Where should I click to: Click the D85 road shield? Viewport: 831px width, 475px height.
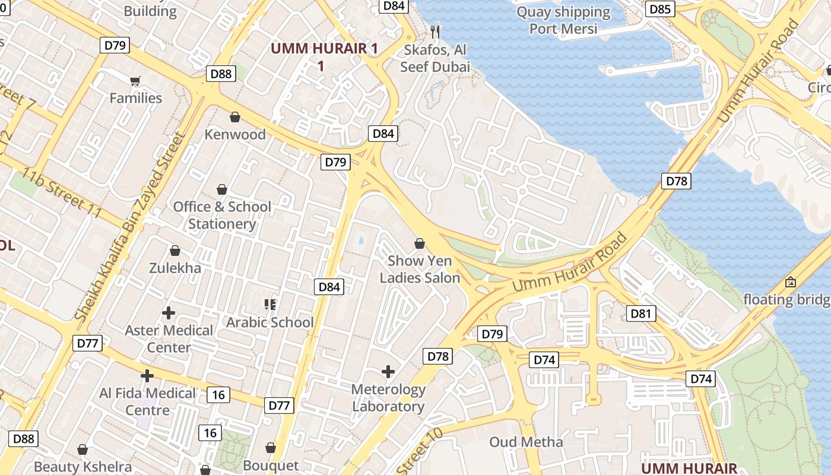(x=660, y=9)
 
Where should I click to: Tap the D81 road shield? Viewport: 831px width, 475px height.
(x=641, y=313)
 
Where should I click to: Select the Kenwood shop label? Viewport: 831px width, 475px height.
(x=235, y=134)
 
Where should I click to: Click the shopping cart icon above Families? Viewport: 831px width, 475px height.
(x=135, y=81)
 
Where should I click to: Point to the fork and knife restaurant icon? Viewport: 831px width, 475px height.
(x=436, y=31)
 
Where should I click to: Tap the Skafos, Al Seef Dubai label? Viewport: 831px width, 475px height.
(x=435, y=58)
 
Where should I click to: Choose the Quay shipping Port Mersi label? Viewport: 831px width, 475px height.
(x=563, y=20)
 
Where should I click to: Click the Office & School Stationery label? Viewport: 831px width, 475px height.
(x=222, y=215)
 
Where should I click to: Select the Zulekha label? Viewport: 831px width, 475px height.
(x=175, y=268)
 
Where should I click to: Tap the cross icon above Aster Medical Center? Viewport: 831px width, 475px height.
(x=169, y=312)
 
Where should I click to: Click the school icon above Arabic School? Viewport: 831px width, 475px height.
(x=270, y=305)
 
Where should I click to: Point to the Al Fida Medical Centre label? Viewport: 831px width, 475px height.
(x=147, y=401)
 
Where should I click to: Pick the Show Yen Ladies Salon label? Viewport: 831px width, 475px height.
(x=420, y=269)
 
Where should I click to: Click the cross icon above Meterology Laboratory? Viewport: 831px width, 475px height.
(x=388, y=372)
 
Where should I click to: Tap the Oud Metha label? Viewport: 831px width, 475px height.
(x=526, y=442)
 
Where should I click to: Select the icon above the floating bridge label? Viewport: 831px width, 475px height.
(x=790, y=282)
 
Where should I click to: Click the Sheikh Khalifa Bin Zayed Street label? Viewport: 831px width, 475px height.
(x=130, y=227)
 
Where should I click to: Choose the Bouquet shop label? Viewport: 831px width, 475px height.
(x=271, y=465)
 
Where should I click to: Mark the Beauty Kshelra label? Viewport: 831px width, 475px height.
(x=83, y=467)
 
